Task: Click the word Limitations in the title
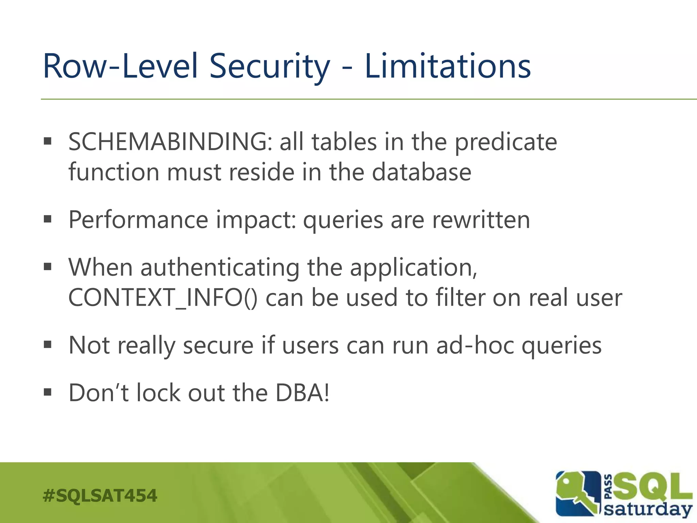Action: pos(447,66)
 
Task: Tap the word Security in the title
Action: pos(269,66)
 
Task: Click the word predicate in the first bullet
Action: pos(506,142)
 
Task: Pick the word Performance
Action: pos(138,220)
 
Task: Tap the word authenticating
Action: pos(220,268)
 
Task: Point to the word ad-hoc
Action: pos(475,345)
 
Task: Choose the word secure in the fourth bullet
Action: pos(218,345)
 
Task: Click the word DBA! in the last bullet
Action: pos(302,393)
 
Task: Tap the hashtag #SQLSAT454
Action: pos(100,495)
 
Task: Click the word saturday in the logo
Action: pos(648,509)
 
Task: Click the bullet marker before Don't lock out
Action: pos(48,392)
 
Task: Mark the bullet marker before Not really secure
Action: pos(48,345)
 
